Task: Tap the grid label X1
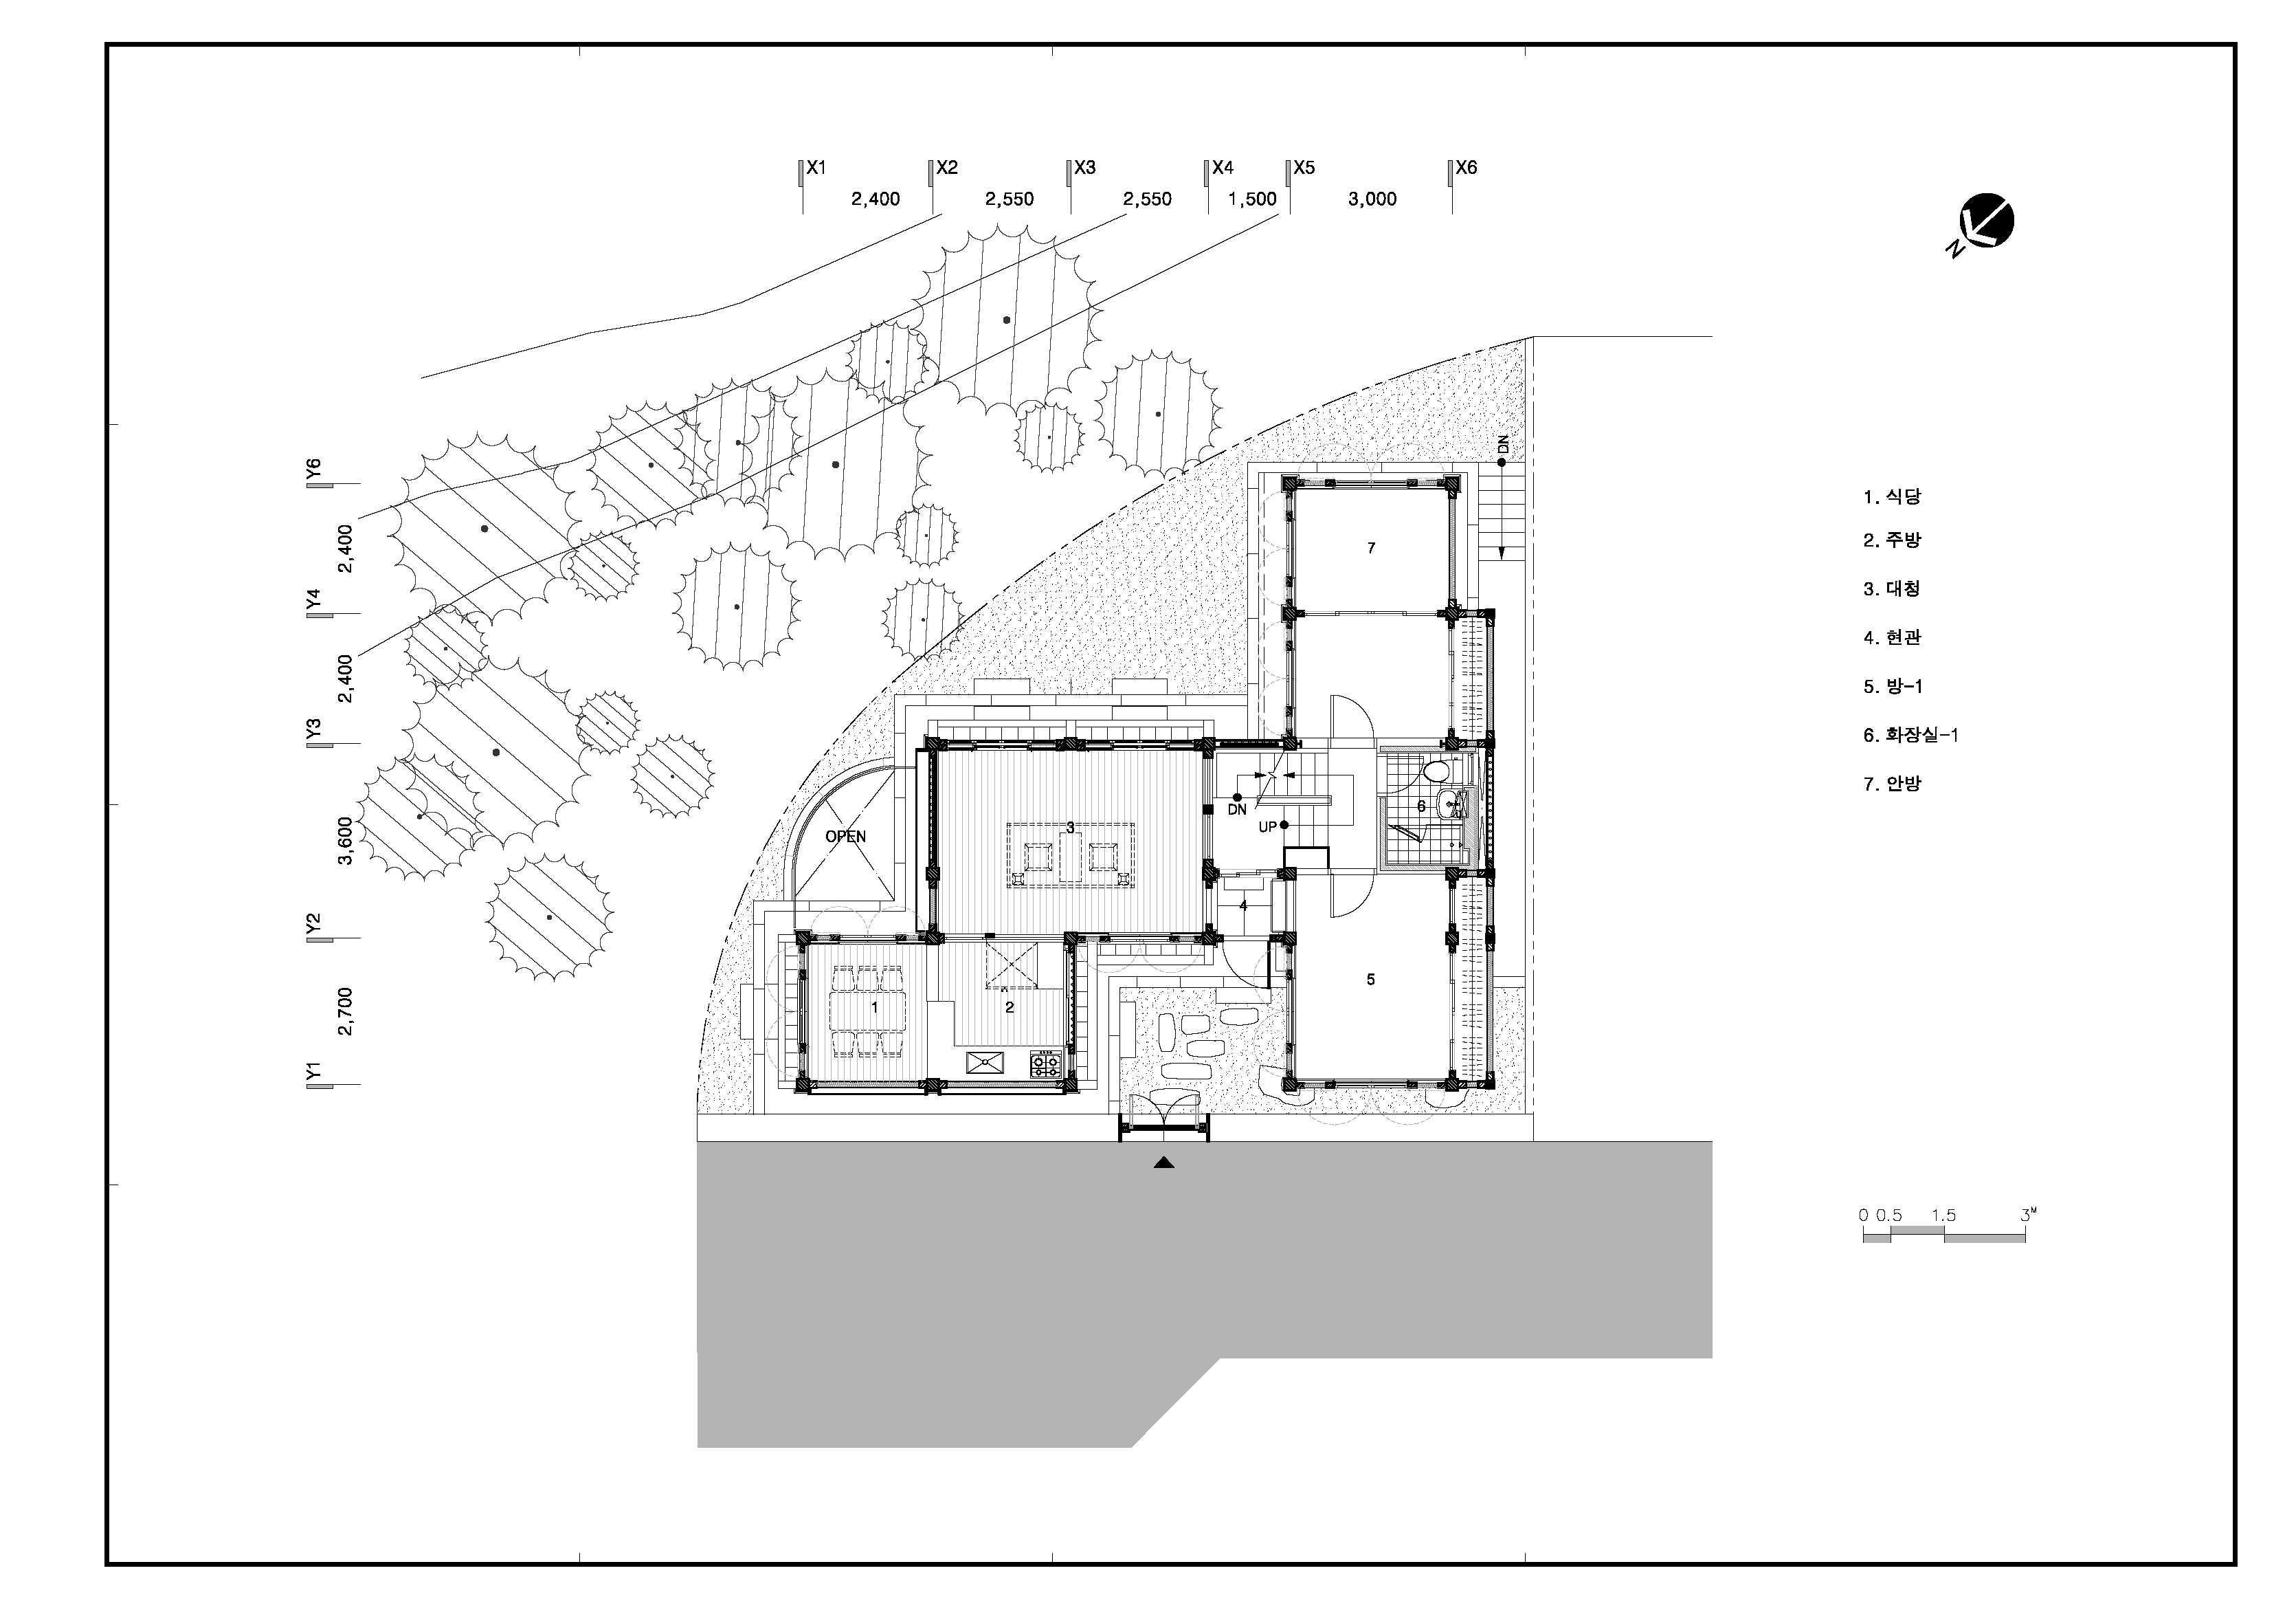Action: click(816, 168)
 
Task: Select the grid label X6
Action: click(1466, 168)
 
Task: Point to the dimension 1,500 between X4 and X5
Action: click(1252, 199)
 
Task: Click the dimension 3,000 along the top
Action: click(1372, 199)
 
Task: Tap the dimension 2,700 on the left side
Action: click(345, 1011)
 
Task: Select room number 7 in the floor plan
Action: click(1371, 548)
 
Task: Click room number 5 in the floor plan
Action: click(1371, 979)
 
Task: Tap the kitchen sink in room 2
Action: click(986, 1063)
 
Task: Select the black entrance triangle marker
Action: click(1163, 1163)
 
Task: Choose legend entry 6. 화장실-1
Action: click(1910, 735)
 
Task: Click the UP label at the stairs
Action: click(1268, 827)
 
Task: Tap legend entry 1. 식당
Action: click(1892, 497)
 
